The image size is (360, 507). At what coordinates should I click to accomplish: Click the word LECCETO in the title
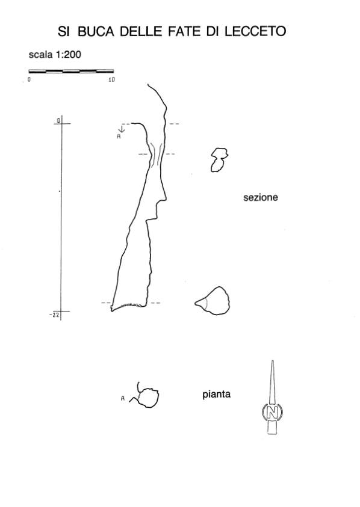pos(255,31)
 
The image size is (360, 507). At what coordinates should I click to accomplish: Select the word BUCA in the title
pos(96,31)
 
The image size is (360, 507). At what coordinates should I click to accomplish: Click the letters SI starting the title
pos(63,31)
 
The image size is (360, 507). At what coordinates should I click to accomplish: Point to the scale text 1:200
pos(68,55)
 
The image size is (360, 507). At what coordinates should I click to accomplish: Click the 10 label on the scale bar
pos(111,79)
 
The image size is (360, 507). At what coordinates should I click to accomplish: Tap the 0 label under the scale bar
pos(29,79)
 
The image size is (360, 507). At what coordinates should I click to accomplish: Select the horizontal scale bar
pos(71,71)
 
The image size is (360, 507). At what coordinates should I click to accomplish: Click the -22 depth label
pos(54,315)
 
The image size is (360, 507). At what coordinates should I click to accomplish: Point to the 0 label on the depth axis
pos(58,121)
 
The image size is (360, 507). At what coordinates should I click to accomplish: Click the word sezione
pos(261,197)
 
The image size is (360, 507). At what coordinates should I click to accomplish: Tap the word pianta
pos(217,395)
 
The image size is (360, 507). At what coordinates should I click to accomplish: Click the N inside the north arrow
pos(272,412)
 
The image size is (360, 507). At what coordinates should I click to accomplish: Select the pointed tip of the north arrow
pos(272,361)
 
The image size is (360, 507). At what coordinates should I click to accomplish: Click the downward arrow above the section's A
pos(122,128)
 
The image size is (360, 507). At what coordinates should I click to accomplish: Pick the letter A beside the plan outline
pos(123,399)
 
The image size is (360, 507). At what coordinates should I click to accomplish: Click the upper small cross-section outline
pos(219,160)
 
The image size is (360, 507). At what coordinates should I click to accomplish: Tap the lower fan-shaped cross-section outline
pos(213,301)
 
